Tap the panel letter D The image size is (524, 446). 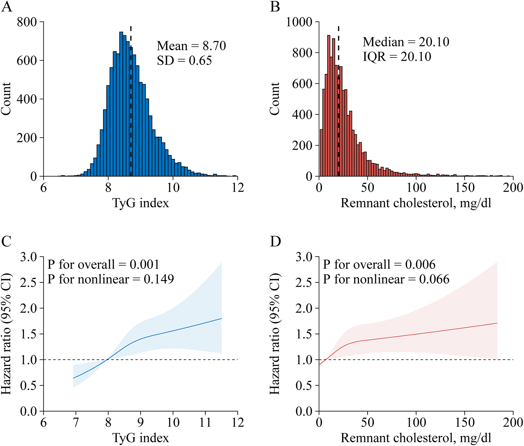click(x=275, y=241)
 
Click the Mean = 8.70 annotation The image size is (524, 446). click(x=191, y=46)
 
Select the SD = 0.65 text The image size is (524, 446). click(x=184, y=61)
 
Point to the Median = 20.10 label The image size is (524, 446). click(x=406, y=42)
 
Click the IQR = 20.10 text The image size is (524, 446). click(x=397, y=57)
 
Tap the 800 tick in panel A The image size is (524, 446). click(x=27, y=22)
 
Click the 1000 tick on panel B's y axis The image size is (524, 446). click(x=299, y=22)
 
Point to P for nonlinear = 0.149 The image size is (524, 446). click(x=111, y=279)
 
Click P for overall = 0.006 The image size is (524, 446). click(x=379, y=264)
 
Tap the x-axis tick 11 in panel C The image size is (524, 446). click(x=205, y=422)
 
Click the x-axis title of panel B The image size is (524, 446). click(x=416, y=203)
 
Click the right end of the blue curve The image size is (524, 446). click(x=221, y=319)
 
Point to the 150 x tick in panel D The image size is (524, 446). click(x=465, y=422)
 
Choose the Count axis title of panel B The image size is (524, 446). click(x=274, y=99)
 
